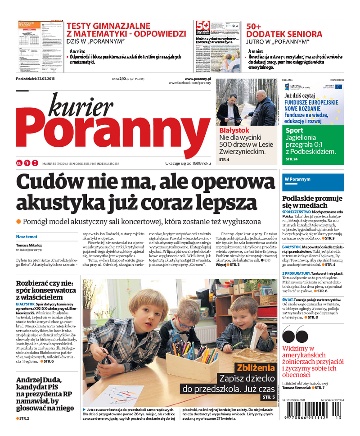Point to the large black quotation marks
pos(295,336)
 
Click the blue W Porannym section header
pos(298,179)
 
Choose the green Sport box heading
pos(294,131)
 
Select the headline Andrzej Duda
pos(40,380)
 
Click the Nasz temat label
pos(27,236)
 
